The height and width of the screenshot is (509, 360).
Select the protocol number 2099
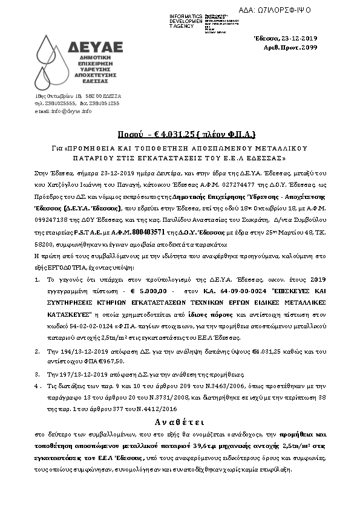click(x=309, y=47)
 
